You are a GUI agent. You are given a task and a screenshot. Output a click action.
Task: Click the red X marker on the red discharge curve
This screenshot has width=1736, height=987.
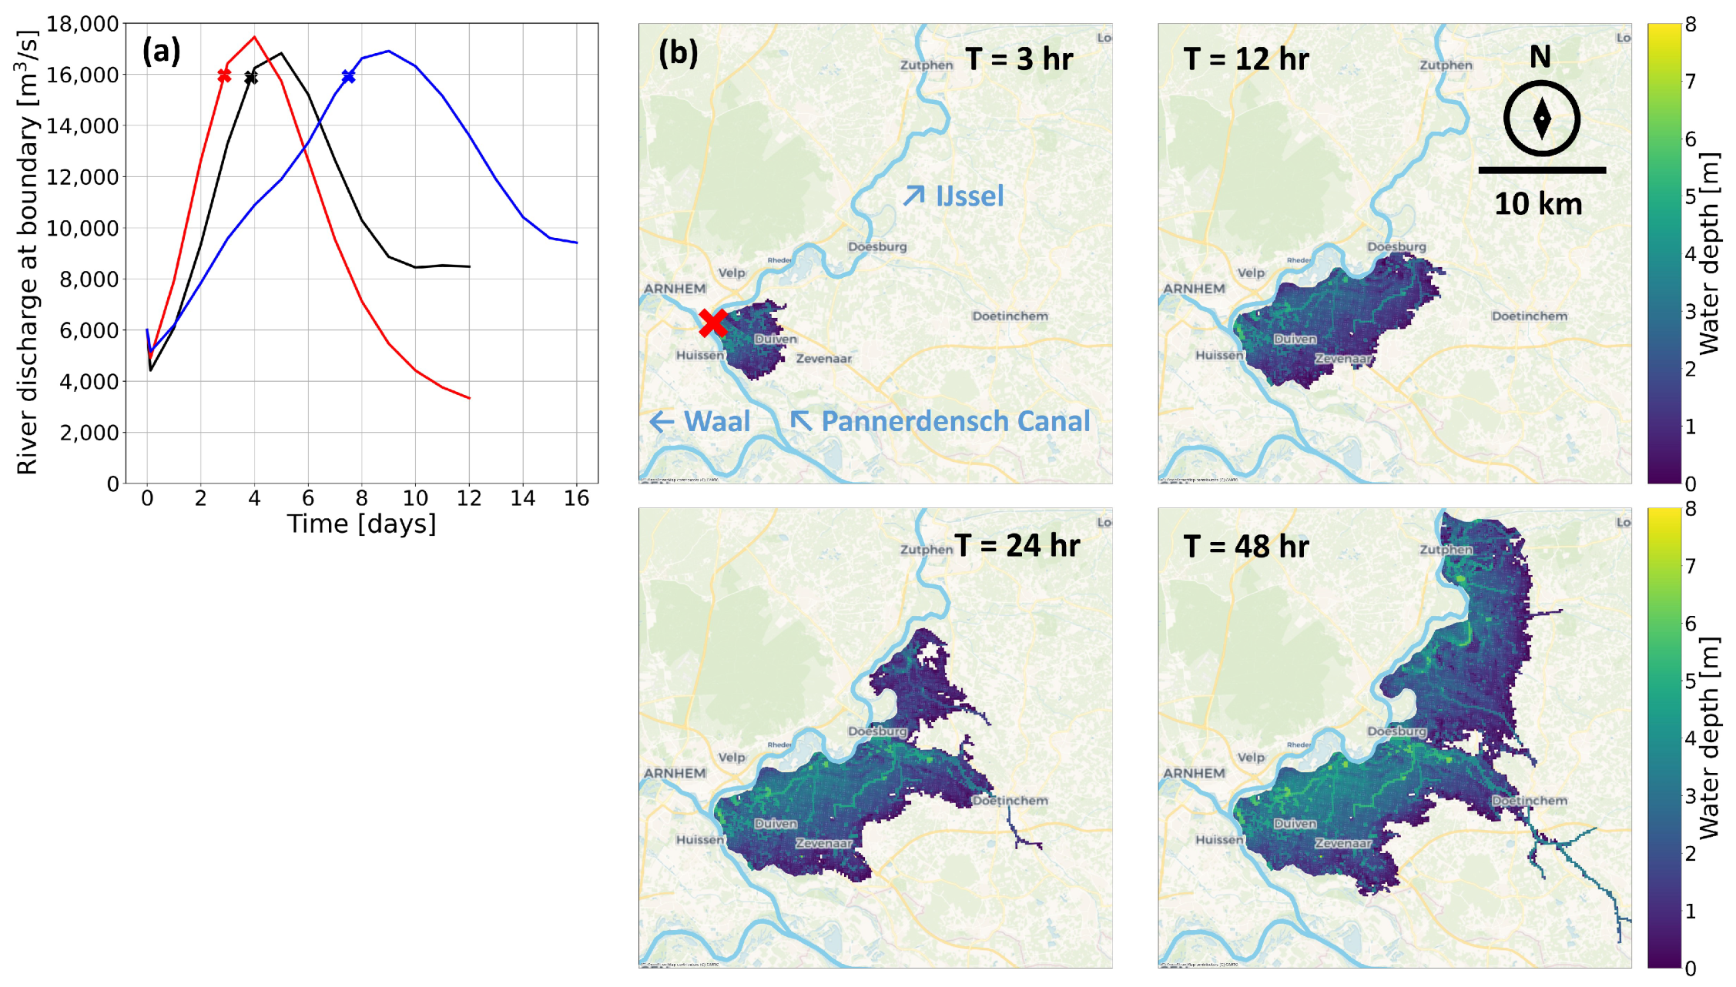[224, 75]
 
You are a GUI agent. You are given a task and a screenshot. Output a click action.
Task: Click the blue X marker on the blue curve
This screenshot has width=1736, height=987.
[349, 76]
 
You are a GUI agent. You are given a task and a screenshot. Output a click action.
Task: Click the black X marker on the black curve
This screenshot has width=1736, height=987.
[251, 78]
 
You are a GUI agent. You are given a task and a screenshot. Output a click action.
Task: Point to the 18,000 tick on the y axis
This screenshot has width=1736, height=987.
[82, 25]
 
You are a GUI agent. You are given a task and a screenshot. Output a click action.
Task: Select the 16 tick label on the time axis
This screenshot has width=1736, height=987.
[576, 499]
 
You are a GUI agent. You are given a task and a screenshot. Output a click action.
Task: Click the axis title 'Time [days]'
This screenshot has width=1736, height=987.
[361, 524]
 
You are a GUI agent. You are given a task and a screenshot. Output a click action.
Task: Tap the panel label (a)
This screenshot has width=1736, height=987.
[161, 52]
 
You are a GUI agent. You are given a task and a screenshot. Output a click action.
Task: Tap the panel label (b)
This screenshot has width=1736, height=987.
[678, 53]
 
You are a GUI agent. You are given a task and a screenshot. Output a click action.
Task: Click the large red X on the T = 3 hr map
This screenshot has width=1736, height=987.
[713, 322]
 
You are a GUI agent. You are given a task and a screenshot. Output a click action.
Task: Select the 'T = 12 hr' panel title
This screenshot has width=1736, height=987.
[1245, 59]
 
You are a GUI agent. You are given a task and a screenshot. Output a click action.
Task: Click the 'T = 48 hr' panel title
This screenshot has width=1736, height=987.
[1245, 547]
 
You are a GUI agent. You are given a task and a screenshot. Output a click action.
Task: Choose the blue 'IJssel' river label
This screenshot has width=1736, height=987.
[969, 196]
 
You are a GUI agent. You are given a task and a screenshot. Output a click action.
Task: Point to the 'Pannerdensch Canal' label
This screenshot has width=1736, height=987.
[955, 421]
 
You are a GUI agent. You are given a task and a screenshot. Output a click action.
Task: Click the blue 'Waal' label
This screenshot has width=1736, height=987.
[716, 421]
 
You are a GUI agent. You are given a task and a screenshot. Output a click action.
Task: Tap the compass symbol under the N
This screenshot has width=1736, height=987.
[1541, 119]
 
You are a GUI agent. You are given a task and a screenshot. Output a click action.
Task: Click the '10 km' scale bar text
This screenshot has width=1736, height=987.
[1538, 204]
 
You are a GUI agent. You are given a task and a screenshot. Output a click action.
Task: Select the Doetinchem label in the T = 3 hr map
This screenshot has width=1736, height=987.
[1010, 316]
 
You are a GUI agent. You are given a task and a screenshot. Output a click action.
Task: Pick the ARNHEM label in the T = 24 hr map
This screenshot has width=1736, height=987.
[675, 773]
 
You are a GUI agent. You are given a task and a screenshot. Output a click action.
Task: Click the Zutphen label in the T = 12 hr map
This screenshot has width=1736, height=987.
[1446, 65]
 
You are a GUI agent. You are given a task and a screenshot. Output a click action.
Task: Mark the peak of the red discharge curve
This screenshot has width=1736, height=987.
[254, 37]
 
